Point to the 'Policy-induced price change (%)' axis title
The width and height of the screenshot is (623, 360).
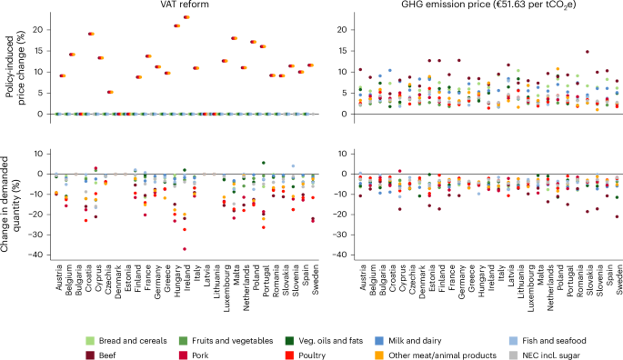9,68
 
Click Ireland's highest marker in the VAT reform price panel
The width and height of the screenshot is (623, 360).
186,17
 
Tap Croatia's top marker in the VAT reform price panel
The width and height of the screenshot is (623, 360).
91,34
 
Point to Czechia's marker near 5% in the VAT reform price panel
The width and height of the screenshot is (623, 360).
111,92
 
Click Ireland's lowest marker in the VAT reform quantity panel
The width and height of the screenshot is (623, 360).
186,248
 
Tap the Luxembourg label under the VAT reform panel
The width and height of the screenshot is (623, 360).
224,289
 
